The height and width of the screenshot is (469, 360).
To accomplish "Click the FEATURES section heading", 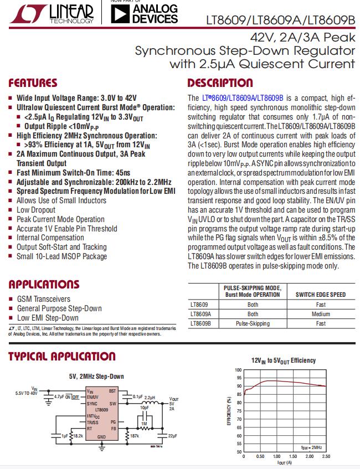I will tap(32, 84).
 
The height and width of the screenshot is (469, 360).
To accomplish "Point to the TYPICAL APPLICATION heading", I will tap(61, 357).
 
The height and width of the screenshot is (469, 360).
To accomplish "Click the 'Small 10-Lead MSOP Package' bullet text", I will tap(61, 256).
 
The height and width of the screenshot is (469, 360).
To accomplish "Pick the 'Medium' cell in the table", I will tap(321, 314).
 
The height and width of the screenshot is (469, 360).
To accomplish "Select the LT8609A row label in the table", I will tap(200, 314).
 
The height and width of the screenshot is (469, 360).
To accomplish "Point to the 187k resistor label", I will tap(135, 436).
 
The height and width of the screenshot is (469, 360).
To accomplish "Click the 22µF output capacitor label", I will tap(172, 436).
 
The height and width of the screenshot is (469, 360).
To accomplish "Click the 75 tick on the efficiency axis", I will tap(239, 411).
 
